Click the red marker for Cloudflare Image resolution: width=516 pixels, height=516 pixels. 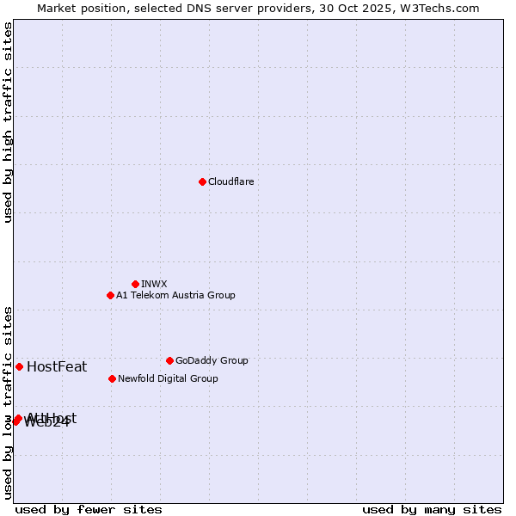(x=202, y=181)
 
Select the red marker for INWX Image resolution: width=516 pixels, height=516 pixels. (x=135, y=284)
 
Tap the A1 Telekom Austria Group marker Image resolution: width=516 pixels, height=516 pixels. (x=110, y=295)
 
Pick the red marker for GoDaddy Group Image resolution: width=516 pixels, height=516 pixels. (x=169, y=360)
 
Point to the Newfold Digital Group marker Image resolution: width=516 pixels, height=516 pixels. (x=112, y=378)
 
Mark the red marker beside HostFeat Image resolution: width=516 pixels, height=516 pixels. (x=19, y=366)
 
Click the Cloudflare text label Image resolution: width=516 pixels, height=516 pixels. (x=231, y=181)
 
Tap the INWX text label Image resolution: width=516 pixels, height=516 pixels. (x=154, y=284)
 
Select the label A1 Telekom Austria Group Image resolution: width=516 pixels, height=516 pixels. (x=175, y=295)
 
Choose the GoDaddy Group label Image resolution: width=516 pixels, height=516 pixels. (x=212, y=360)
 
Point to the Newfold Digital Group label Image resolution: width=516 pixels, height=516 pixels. (x=168, y=378)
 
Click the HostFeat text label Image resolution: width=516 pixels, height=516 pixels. (x=57, y=367)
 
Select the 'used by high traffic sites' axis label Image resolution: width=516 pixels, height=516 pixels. (x=8, y=122)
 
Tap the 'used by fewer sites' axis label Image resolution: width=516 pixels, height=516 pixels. (x=89, y=510)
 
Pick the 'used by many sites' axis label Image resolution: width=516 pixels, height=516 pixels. (x=432, y=510)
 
